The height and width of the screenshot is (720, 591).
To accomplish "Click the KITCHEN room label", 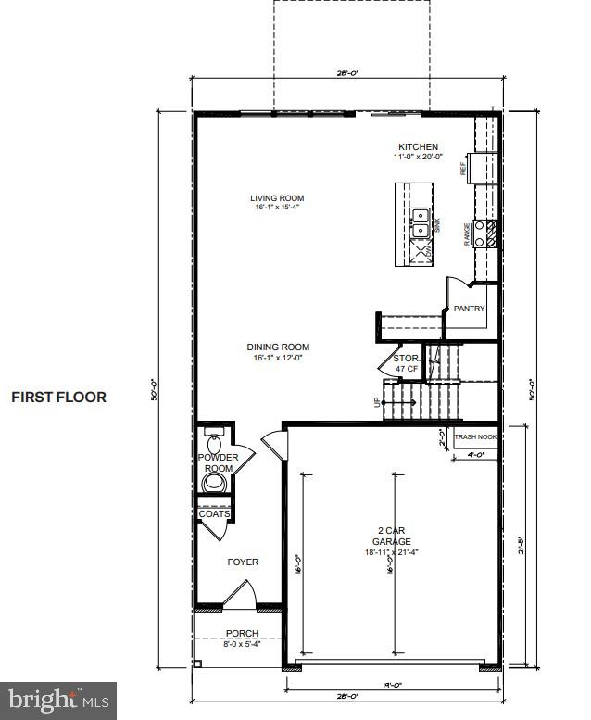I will point(418,147).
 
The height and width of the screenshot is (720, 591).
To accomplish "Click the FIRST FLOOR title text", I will point(58,398).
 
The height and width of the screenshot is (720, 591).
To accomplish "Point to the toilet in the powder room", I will point(212,483).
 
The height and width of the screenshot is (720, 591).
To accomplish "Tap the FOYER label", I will point(243,562).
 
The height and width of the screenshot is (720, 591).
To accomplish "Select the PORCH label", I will point(242,635).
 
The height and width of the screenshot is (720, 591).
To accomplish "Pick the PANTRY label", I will point(469,309).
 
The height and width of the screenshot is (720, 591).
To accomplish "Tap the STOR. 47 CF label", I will point(408,362).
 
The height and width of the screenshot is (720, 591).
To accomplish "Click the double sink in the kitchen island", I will point(420,221).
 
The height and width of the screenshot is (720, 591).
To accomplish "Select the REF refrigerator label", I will point(463,169).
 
